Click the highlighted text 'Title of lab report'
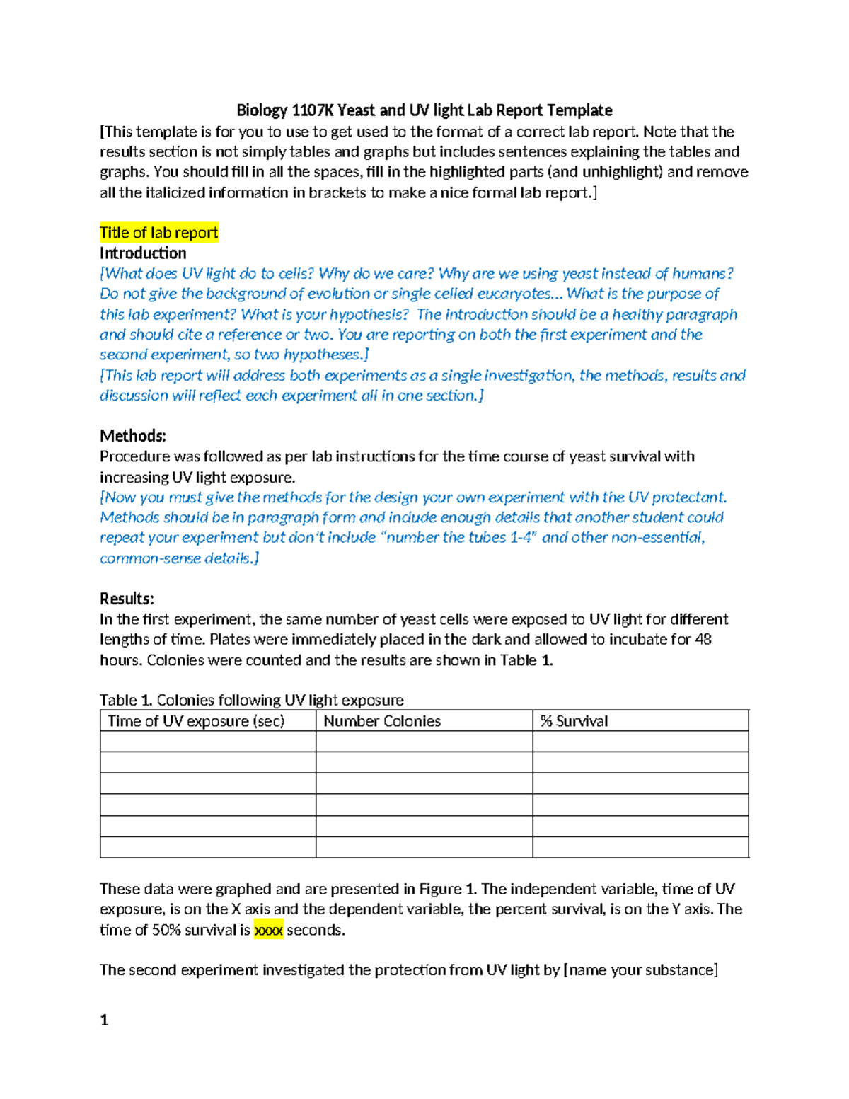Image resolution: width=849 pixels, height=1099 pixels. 158,233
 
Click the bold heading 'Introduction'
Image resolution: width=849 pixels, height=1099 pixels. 143,253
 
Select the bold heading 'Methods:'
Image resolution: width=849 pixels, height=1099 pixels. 133,436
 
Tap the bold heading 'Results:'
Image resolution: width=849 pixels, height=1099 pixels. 127,599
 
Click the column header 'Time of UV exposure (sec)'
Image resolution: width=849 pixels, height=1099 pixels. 196,721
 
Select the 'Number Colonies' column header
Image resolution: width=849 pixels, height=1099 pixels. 382,721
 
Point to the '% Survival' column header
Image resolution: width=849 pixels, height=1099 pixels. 574,721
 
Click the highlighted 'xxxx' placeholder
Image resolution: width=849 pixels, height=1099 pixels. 268,930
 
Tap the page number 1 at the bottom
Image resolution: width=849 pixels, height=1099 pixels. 104,1020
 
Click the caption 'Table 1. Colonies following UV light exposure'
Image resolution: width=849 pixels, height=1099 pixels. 251,700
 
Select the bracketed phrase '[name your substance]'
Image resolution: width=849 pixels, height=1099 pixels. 640,970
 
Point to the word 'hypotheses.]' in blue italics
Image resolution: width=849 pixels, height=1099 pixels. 326,355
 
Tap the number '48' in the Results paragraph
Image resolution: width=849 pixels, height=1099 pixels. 703,640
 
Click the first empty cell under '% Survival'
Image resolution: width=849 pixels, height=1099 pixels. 640,742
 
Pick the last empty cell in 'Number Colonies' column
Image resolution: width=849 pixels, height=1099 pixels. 424,847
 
